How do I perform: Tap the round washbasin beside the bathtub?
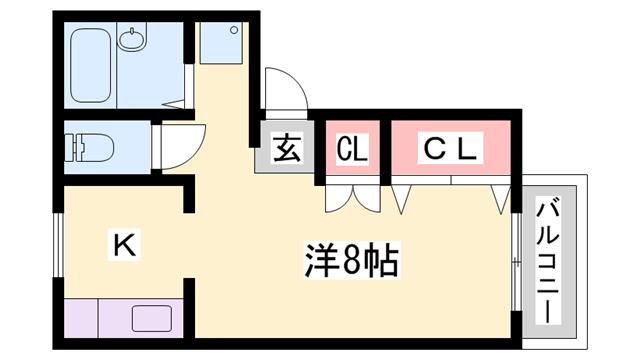coord(131,41)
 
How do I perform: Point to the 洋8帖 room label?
coord(351,261)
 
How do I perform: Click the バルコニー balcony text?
coord(549,261)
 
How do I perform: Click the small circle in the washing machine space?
coord(233,29)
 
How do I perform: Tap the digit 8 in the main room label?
coord(351,261)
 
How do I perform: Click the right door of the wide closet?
coord(499,197)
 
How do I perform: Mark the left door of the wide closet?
coord(403,197)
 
